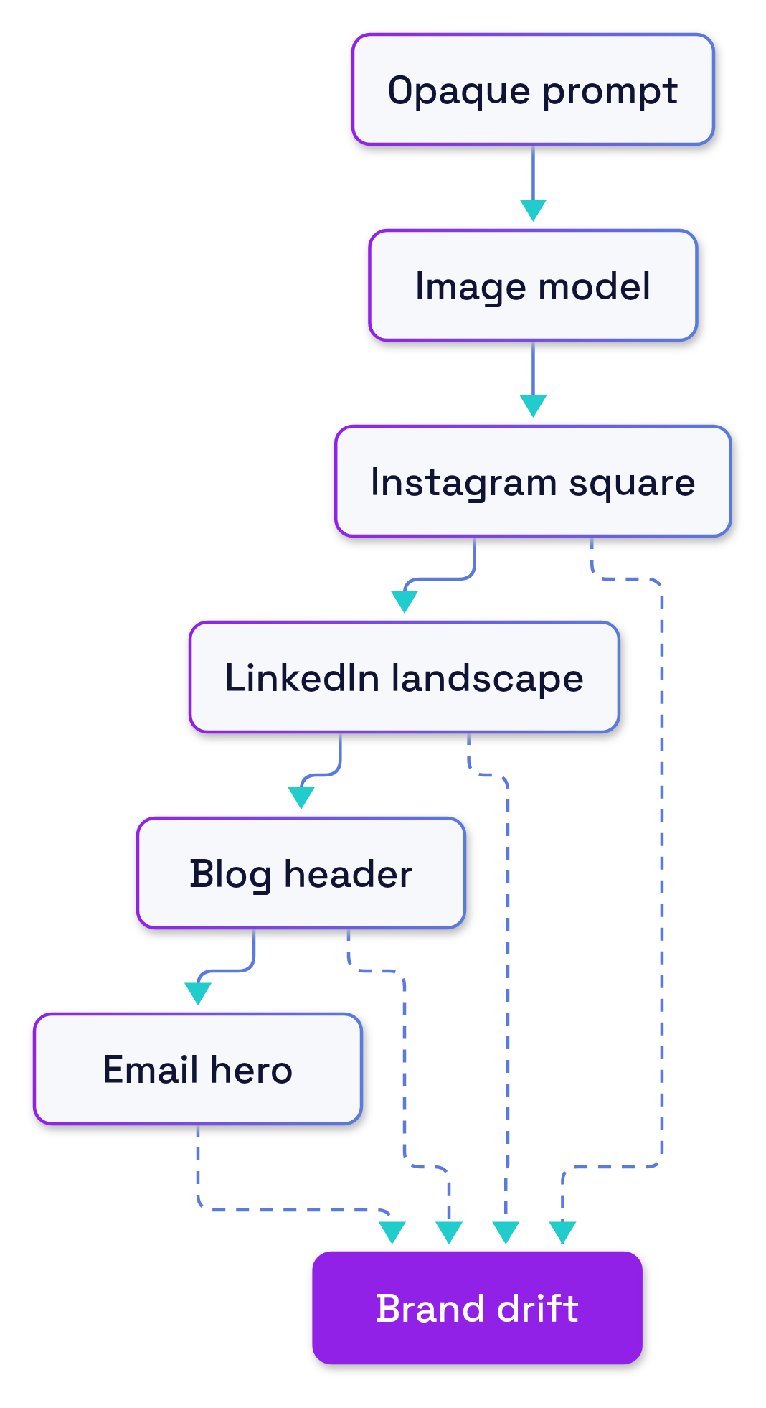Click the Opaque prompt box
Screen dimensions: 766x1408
(533, 90)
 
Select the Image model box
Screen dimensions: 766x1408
(533, 286)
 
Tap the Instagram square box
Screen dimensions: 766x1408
(533, 482)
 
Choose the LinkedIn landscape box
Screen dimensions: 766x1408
(405, 677)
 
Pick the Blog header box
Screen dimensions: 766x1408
(301, 873)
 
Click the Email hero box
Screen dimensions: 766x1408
(198, 1069)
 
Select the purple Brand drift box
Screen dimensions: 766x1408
(478, 1308)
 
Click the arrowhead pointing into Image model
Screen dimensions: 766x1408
(533, 210)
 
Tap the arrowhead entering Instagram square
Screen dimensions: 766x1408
(533, 406)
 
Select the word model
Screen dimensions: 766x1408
(595, 286)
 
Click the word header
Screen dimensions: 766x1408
(348, 874)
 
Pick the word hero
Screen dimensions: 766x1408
(251, 1070)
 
